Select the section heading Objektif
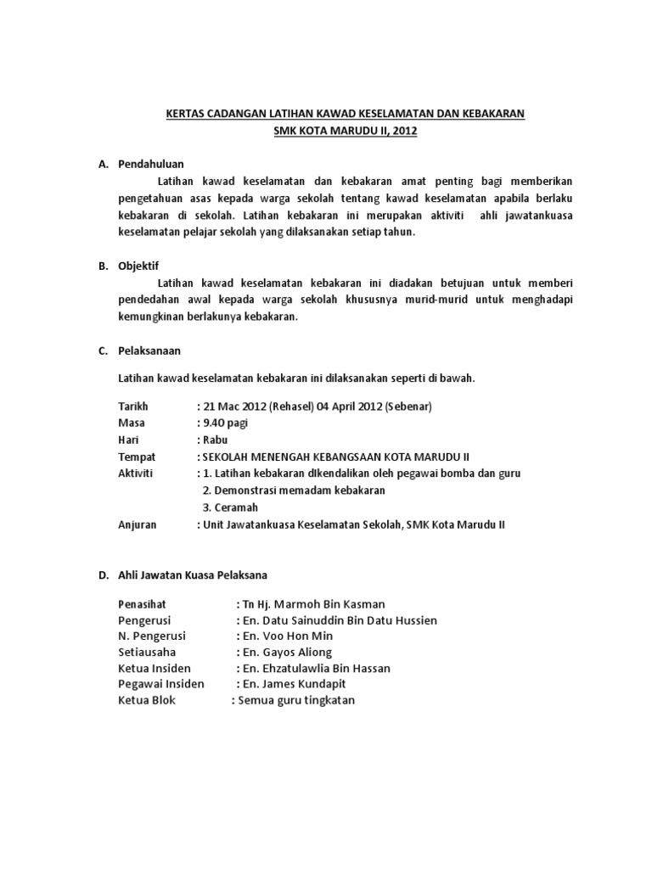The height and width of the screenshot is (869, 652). [x=138, y=265]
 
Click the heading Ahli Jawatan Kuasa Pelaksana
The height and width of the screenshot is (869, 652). [x=192, y=575]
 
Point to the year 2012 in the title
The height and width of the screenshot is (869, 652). [x=405, y=131]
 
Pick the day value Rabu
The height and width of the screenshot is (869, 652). [x=216, y=440]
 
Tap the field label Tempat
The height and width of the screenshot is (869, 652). [x=136, y=457]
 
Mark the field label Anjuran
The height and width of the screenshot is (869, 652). [x=137, y=524]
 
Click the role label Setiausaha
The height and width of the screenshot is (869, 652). [x=144, y=652]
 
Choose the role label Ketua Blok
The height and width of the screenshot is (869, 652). [x=147, y=700]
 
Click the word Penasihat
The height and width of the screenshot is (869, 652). [x=143, y=603]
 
